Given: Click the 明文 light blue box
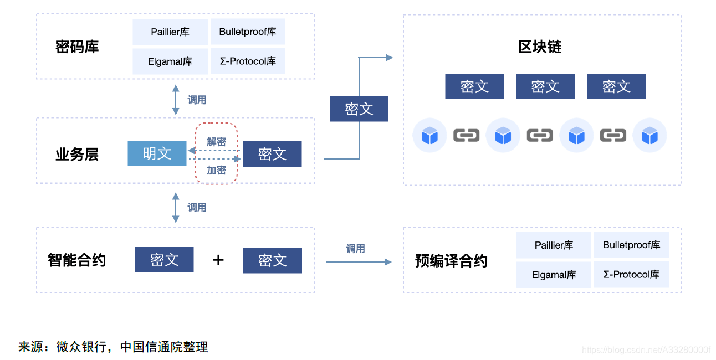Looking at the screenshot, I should point(157,153).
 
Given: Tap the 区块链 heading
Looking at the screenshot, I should point(540,47).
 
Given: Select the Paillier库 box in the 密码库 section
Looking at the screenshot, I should point(170,32).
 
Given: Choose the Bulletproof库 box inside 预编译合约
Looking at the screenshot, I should point(631,245).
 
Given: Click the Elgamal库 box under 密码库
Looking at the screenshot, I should point(170,61).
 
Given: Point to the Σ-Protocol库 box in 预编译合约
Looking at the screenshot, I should point(631,275).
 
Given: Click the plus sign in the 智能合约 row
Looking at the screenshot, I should point(218,260).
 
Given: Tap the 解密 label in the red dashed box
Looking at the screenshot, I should point(216,142).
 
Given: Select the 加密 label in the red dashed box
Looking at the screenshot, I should point(216,170).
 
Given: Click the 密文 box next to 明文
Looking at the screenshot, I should point(272,154).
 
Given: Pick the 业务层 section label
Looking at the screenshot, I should point(77,154).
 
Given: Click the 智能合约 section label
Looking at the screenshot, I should point(76,260).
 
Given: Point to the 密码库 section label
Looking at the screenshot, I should point(77,47).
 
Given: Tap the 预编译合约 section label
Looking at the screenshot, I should point(451,260).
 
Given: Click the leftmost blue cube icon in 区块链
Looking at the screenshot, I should point(429,135).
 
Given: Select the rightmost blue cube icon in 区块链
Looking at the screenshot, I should point(649,135).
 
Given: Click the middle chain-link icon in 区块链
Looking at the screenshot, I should point(540,135).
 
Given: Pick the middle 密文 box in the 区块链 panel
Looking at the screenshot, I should point(545,86).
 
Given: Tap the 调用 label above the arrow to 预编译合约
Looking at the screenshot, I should point(355,249).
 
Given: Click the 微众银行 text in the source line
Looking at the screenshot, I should point(82,347).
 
